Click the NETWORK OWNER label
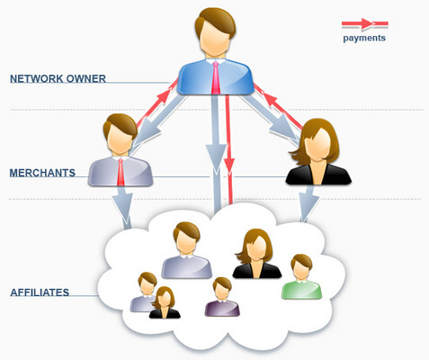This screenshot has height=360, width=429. [x=58, y=79]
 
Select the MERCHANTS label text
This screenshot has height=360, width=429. [x=42, y=173]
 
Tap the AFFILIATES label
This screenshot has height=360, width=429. [x=40, y=292]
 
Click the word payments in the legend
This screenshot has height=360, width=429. [x=364, y=39]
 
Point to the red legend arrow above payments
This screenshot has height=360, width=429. [x=365, y=23]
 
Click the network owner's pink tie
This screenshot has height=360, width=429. [x=216, y=77]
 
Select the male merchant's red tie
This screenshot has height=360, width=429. [x=121, y=172]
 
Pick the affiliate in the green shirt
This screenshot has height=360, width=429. [x=301, y=276]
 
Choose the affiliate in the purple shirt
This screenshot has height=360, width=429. [x=222, y=297]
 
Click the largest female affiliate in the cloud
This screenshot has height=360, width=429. [x=257, y=254]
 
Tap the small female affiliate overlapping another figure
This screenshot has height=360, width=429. [x=165, y=302]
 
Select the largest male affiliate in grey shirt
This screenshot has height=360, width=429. [x=186, y=250]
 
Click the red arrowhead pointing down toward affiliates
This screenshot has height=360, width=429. [x=229, y=166]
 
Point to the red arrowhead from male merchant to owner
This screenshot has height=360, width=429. [x=162, y=97]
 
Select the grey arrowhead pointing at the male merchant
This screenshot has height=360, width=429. [x=147, y=132]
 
